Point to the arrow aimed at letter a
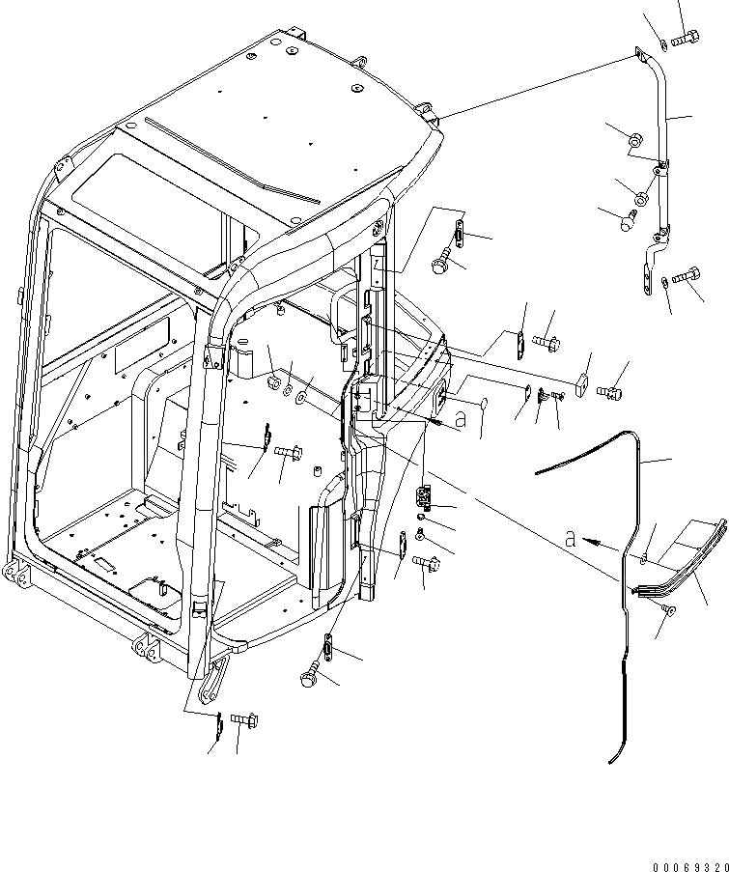(x=603, y=544)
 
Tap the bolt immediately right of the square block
(x=610, y=391)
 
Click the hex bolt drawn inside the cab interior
(x=290, y=450)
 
